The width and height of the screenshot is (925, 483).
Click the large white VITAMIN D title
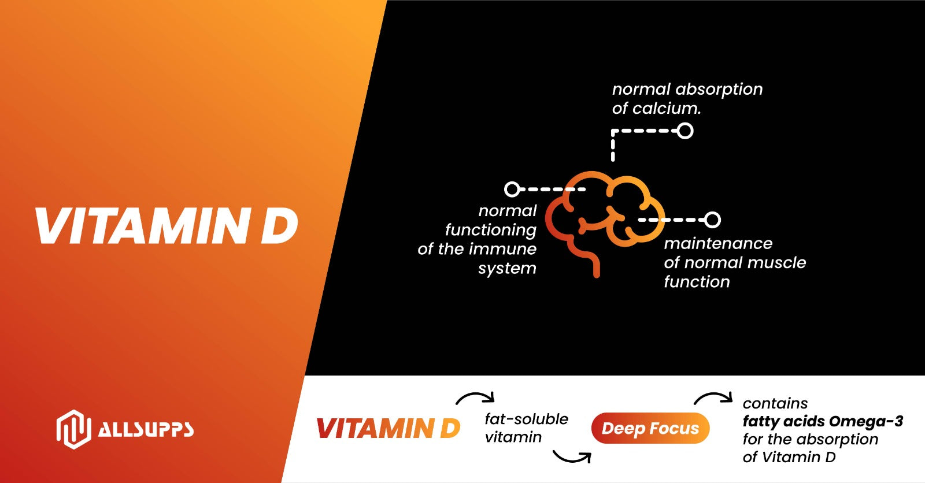point(167,225)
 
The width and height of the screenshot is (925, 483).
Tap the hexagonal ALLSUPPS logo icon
point(74,429)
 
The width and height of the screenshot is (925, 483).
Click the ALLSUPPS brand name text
point(146,430)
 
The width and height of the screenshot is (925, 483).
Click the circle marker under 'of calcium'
point(684,131)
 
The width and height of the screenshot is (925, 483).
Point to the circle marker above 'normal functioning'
point(512,189)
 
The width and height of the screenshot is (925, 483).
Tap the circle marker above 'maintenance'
point(712,220)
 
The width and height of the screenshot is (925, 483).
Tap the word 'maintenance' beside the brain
point(718,244)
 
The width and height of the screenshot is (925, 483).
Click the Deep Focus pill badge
point(650,428)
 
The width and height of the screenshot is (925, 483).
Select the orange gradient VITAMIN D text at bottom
point(388,428)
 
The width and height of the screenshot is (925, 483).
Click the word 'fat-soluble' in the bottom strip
point(527,419)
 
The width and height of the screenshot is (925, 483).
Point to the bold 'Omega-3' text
point(866,422)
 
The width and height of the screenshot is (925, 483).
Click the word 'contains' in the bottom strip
point(775,403)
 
